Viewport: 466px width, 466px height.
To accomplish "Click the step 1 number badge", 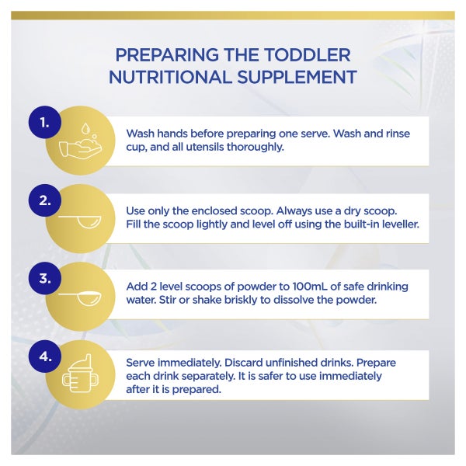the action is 45,122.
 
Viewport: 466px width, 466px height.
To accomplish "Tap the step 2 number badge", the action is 45,200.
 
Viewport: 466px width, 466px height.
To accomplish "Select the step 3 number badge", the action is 45,278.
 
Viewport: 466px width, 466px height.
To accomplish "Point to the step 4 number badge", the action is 45,356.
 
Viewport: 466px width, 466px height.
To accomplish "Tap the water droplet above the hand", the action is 86,128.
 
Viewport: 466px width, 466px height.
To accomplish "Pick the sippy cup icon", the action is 80,373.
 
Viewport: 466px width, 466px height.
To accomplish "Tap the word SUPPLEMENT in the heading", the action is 297,77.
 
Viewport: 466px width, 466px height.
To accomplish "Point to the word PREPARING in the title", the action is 167,55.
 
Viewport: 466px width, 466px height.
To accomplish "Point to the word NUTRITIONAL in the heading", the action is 170,77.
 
